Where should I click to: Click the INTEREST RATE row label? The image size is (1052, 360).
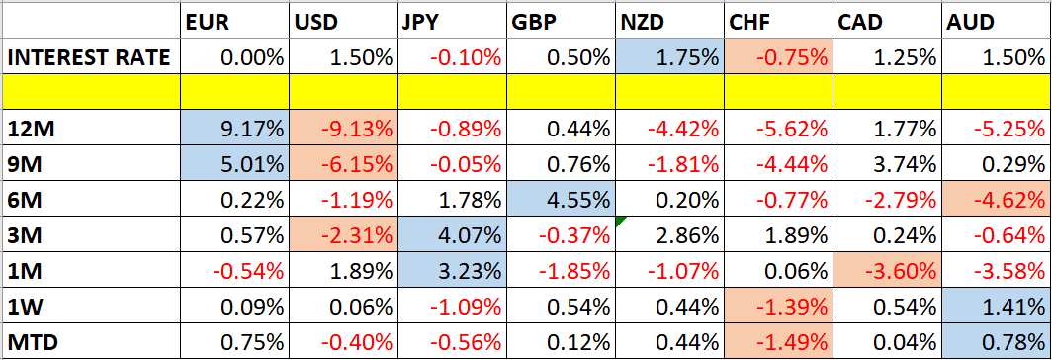pos(89,56)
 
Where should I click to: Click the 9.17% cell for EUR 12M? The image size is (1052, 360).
pos(235,129)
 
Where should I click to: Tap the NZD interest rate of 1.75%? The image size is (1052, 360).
pos(668,56)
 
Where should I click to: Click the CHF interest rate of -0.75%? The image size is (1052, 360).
pos(777,56)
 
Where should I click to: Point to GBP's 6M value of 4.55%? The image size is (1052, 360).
pos(561,200)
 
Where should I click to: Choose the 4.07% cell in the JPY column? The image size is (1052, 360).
pos(452,235)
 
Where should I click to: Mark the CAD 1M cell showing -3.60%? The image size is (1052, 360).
pos(886,271)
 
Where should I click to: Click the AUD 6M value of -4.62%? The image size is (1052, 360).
pos(995,200)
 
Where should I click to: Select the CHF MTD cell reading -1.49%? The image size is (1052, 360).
pos(777,342)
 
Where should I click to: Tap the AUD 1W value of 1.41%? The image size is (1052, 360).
pos(995,307)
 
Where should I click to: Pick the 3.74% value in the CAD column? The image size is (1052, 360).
pos(886,164)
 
